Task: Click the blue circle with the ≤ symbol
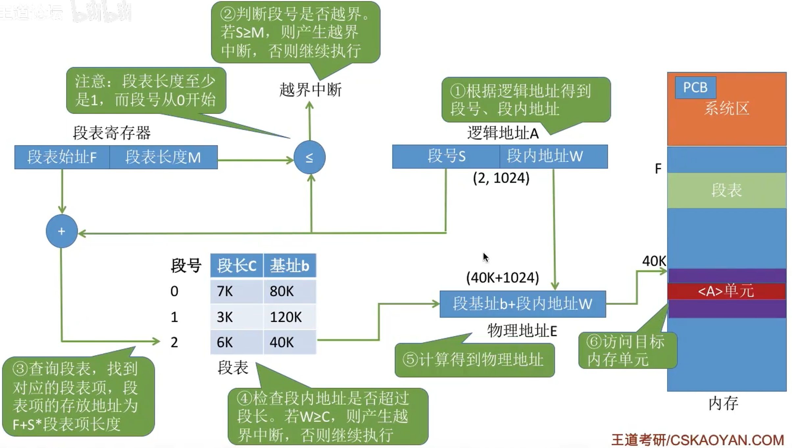(x=309, y=157)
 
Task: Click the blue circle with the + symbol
(x=62, y=231)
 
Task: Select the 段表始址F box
(x=62, y=157)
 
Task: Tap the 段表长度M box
(x=163, y=157)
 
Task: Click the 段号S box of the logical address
(x=446, y=156)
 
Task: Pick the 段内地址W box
(x=554, y=156)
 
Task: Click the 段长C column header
(x=237, y=265)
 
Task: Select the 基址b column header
(x=289, y=265)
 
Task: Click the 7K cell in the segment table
(x=237, y=291)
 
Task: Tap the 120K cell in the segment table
(x=289, y=317)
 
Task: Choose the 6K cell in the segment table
(x=237, y=342)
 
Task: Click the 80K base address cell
(x=289, y=291)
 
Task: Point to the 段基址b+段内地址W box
(x=523, y=304)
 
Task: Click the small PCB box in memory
(x=695, y=87)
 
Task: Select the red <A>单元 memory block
(x=727, y=291)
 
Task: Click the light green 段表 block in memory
(x=727, y=190)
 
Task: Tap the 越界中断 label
(x=310, y=90)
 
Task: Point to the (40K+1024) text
(x=503, y=278)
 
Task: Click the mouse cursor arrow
(x=486, y=257)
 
